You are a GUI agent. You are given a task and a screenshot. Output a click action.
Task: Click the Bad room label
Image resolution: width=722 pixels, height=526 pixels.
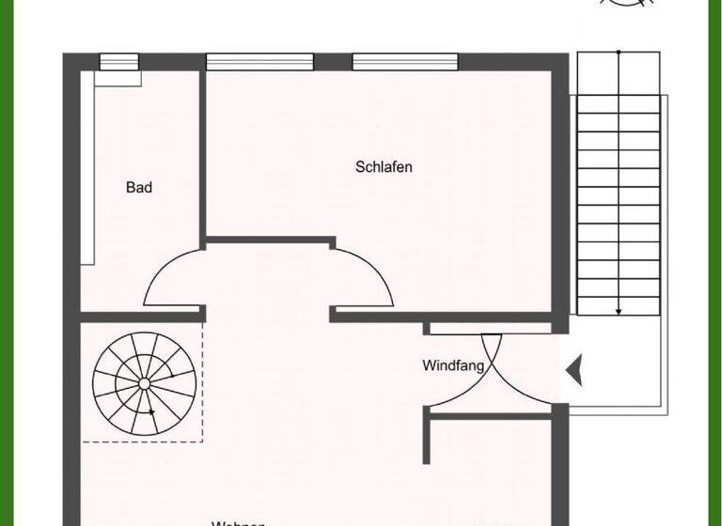[139, 188]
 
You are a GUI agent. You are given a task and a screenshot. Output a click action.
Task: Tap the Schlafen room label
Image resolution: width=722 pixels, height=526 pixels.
[384, 167]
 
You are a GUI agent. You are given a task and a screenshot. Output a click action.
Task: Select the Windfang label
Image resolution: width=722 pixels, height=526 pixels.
[453, 365]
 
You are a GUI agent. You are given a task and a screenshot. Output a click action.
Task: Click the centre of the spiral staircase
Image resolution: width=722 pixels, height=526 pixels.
[145, 383]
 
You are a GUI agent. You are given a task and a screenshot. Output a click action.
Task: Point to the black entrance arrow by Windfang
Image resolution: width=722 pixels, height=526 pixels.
[573, 369]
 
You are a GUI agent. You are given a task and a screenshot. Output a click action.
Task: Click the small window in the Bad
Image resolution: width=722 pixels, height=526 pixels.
[118, 62]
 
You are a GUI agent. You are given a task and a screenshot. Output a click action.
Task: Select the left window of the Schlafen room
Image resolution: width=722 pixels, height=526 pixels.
[259, 62]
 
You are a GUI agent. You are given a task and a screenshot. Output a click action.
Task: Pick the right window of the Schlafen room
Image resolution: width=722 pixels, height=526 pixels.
[405, 62]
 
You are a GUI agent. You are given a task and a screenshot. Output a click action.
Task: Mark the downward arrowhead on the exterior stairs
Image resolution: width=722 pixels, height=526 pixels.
[619, 310]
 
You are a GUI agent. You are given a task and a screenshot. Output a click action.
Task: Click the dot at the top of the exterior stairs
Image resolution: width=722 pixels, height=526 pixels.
[619, 53]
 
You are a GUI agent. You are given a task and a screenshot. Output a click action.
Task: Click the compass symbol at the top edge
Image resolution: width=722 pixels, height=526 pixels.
[622, 5]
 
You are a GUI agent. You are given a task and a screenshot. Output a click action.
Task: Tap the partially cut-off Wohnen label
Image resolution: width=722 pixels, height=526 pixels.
[239, 521]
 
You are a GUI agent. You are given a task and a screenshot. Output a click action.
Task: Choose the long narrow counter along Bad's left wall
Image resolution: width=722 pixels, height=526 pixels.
[86, 169]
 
